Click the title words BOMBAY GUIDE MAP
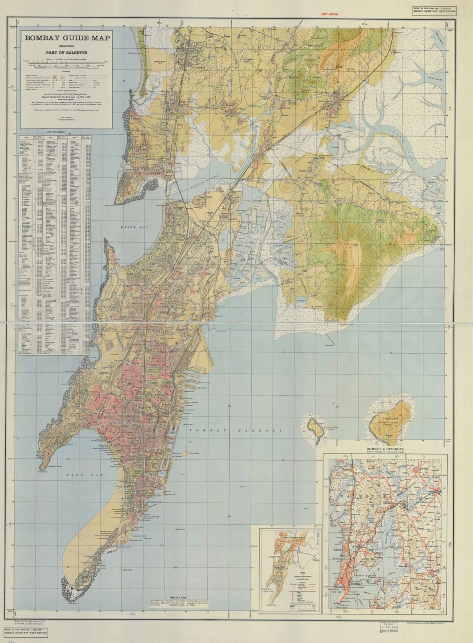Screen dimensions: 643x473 [67, 38]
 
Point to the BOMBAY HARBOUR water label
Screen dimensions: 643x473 [235, 431]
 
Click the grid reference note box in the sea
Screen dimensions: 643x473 [175, 602]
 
